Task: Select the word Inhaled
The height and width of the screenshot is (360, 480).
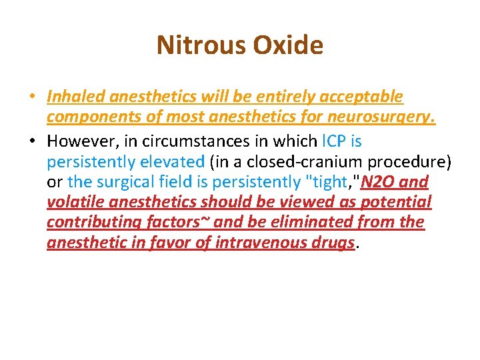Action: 75,97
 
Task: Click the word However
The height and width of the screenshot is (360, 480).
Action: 79,141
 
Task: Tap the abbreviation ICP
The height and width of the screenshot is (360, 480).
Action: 335,141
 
